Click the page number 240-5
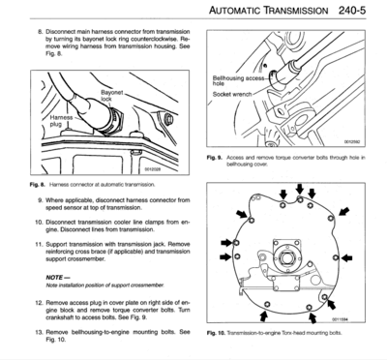(x=356, y=12)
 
